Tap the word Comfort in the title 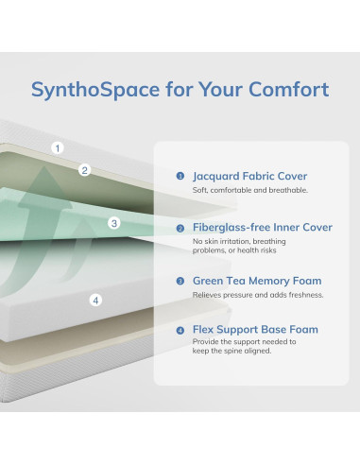[x=289, y=91]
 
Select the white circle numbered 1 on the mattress [x=58, y=148]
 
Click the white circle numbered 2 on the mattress [x=84, y=170]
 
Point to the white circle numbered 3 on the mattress [x=114, y=224]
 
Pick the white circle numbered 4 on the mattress [x=94, y=301]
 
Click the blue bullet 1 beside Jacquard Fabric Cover [x=180, y=176]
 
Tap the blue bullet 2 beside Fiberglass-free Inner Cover [x=180, y=228]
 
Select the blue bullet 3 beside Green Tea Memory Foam [x=180, y=281]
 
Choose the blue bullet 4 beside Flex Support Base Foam [x=180, y=330]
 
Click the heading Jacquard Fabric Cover [x=249, y=176]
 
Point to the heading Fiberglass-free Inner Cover [x=262, y=228]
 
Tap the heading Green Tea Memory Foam [x=257, y=281]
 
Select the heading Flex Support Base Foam [x=255, y=330]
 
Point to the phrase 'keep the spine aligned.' [x=231, y=351]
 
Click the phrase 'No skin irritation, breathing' [x=238, y=242]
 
